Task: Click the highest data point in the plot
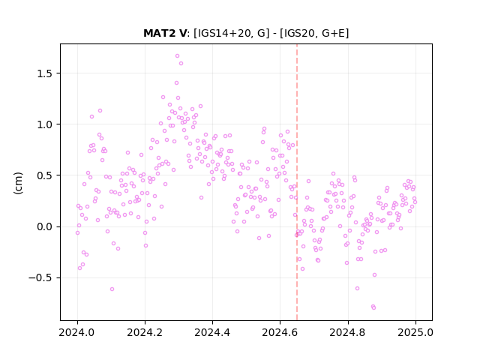point(177,56)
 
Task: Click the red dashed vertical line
point(297,182)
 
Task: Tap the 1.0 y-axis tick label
point(45,124)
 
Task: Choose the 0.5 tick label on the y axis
point(45,175)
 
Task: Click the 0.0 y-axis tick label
point(45,226)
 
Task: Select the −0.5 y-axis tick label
point(40,278)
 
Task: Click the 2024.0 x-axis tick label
point(77,332)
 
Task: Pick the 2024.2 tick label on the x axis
point(145,332)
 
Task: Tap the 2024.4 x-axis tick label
point(212,332)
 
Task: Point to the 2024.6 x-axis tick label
point(280,332)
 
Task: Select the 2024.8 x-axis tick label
point(348,332)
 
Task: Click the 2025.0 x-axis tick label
point(415,332)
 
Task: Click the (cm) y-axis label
point(18,183)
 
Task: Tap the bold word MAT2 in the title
point(160,33)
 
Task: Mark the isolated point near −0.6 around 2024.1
point(112,289)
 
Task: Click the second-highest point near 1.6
point(181,63)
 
